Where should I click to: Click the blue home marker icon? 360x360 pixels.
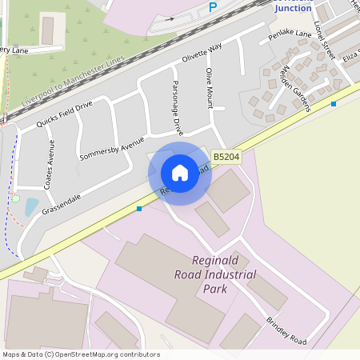[x=180, y=172]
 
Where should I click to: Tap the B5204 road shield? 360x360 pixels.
[x=226, y=158]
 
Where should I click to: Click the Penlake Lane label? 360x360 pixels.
[x=290, y=34]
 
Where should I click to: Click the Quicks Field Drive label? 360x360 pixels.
[x=65, y=114]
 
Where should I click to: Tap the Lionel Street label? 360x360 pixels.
[x=323, y=40]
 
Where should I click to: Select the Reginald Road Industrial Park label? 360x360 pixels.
[x=225, y=274]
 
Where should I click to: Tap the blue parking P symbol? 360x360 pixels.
[x=212, y=7]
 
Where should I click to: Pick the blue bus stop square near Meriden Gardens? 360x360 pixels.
[x=334, y=104]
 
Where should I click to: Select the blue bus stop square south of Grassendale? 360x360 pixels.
[x=139, y=209]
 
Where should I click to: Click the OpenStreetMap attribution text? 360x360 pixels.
[x=81, y=354]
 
